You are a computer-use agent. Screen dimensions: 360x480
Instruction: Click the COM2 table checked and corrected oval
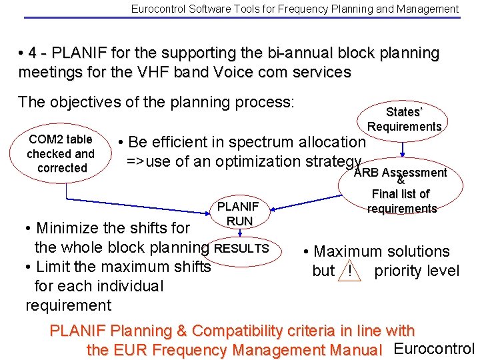pyautogui.click(x=61, y=153)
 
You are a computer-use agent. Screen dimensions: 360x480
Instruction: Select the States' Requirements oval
pyautogui.click(x=404, y=119)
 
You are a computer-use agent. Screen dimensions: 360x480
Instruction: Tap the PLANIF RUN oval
pyautogui.click(x=239, y=213)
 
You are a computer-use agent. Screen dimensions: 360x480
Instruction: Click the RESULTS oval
pyautogui.click(x=241, y=248)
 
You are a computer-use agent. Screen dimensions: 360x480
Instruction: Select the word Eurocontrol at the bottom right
pyautogui.click(x=434, y=349)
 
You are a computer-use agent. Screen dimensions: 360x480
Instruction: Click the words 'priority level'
pyautogui.click(x=417, y=271)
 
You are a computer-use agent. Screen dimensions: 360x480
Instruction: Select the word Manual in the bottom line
pyautogui.click(x=357, y=349)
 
